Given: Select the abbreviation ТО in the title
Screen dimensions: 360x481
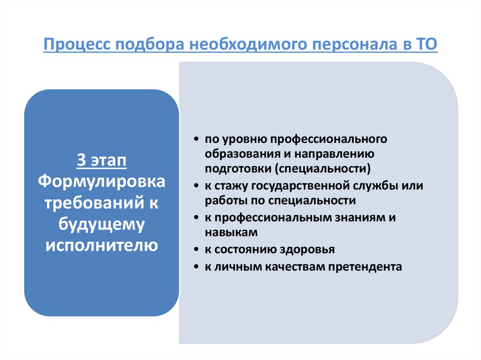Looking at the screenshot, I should point(427,46).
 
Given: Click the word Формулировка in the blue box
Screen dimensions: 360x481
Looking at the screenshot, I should point(101,181).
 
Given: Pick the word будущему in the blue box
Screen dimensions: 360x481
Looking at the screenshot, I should point(101,224).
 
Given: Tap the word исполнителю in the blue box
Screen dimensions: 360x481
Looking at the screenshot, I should point(101,245).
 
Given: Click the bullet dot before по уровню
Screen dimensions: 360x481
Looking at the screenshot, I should point(195,140).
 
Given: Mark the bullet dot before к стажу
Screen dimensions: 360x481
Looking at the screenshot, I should point(195,186).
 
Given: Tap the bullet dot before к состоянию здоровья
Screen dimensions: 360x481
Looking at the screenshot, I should point(195,250).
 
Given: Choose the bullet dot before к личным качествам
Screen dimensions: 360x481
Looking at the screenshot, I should point(195,267).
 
